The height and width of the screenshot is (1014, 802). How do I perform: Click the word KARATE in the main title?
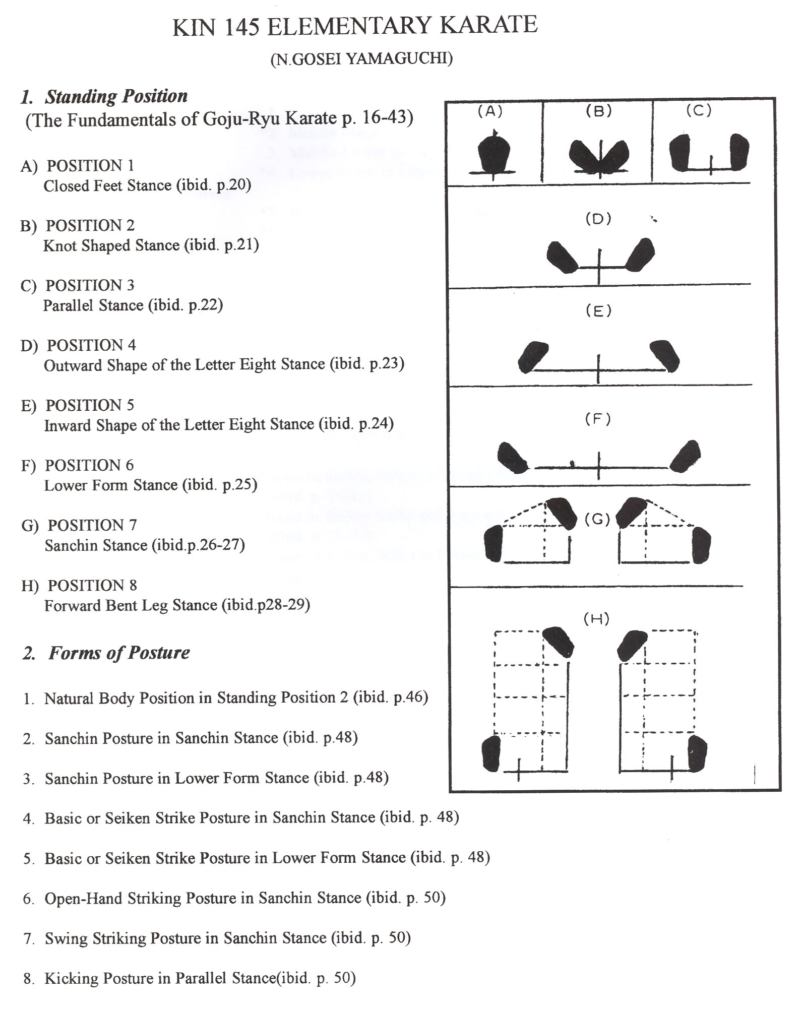pos(488,26)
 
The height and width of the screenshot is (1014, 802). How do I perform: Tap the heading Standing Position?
pos(116,96)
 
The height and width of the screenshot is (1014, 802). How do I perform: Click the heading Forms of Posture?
pos(119,653)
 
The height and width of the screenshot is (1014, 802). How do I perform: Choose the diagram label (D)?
pos(598,219)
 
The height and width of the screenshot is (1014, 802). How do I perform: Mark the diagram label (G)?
pos(597,519)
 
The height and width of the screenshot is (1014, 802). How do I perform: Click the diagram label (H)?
pos(596,619)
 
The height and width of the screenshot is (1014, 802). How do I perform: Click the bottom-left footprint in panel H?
pos(491,753)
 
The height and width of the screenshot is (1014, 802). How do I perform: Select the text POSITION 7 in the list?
pos(92,525)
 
